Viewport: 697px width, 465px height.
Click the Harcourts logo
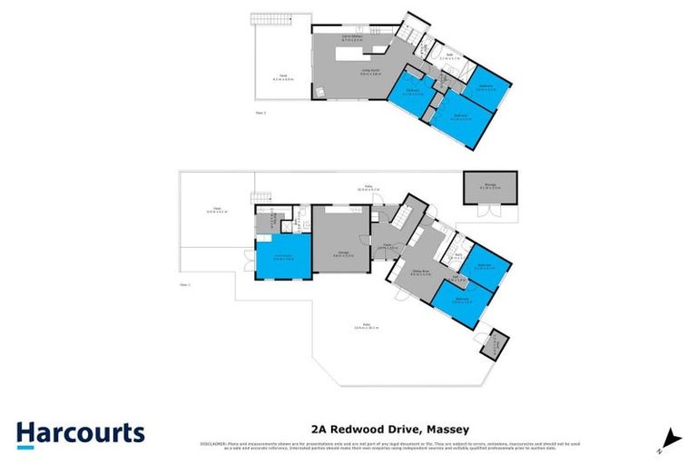tap(80, 432)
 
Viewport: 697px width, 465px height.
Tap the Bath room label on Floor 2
tap(450, 57)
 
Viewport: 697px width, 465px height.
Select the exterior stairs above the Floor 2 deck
tap(268, 21)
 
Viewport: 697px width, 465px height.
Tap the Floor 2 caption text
tap(260, 113)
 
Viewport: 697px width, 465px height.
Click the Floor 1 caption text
tap(185, 284)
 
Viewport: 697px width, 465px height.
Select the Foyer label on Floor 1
tap(385, 244)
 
